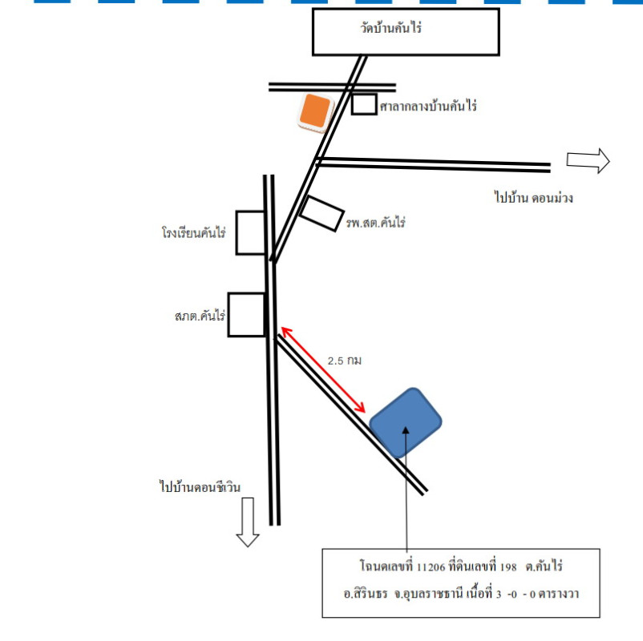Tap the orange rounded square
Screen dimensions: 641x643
pyautogui.click(x=315, y=111)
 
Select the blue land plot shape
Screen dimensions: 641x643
pyautogui.click(x=406, y=422)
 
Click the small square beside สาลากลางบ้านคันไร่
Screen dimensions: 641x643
pyautogui.click(x=364, y=103)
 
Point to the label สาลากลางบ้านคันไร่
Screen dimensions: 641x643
pyautogui.click(x=428, y=106)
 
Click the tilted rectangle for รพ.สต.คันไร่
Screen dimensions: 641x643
pyautogui.click(x=321, y=213)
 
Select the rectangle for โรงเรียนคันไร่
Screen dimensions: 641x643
pyautogui.click(x=250, y=233)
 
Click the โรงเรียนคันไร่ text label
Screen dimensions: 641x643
pyautogui.click(x=192, y=234)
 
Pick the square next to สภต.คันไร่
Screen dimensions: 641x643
pyautogui.click(x=245, y=315)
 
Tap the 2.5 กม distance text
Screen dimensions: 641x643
pyautogui.click(x=345, y=361)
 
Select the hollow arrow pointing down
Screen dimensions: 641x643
pyautogui.click(x=248, y=521)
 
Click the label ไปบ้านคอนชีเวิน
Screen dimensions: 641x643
pyautogui.click(x=200, y=486)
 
